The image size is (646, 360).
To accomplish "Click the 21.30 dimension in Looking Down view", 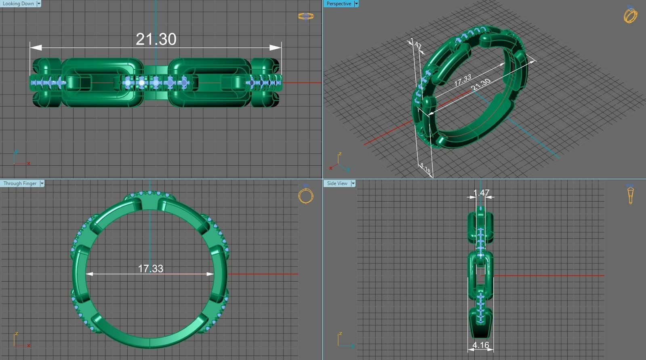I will coord(156,39).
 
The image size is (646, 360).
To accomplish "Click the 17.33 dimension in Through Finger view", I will coord(150,269).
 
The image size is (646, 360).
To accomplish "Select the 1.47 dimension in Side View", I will coord(481,193).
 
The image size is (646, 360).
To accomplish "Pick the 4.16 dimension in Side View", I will coord(480,345).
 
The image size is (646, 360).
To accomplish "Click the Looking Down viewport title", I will coord(18,4).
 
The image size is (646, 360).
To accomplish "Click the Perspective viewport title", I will coord(339,4).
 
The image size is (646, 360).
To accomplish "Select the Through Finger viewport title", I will coord(20,183).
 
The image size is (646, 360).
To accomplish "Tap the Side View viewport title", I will coord(337,183).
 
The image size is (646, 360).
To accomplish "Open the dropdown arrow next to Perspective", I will coord(356,4).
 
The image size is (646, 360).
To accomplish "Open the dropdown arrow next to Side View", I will coord(353,183).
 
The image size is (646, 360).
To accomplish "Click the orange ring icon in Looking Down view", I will coord(305,16).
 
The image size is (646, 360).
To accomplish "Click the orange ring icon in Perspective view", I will coord(630,15).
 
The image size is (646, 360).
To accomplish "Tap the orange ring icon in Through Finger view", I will coord(306,195).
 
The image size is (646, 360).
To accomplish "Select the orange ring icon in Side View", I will coord(630,194).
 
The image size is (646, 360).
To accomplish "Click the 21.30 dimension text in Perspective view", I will coord(480,84).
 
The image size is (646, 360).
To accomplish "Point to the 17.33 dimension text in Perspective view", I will coord(463,80).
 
